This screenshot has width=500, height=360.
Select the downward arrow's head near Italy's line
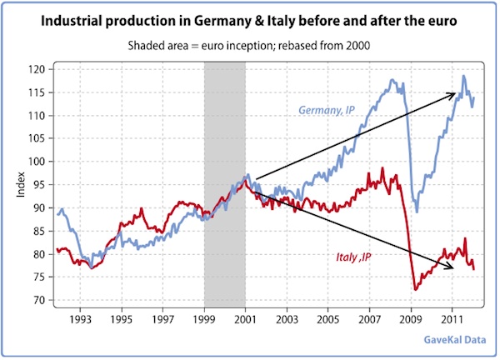point(452,267)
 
